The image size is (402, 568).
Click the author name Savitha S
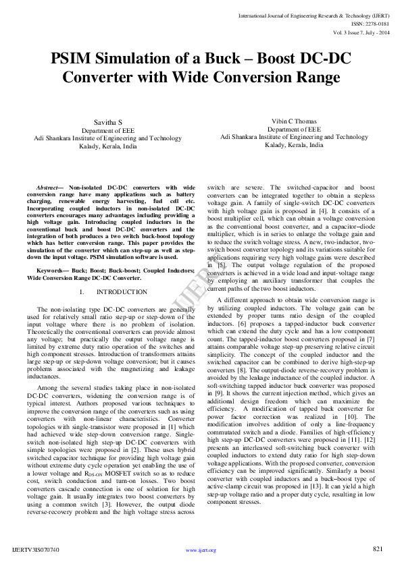[107, 121]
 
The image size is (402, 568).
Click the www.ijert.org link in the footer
[201, 550]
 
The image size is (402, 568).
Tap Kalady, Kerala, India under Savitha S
[107, 146]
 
